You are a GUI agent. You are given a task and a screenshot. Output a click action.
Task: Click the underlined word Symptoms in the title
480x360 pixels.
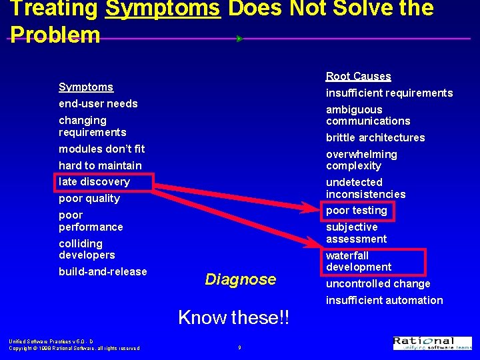(x=163, y=9)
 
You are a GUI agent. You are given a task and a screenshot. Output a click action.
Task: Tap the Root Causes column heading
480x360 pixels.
(x=358, y=76)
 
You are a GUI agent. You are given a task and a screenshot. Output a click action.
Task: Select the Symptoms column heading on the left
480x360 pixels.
(x=86, y=87)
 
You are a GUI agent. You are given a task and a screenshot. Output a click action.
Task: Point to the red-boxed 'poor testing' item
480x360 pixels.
(x=357, y=210)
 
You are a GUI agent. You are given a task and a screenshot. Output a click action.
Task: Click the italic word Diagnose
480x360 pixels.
(x=240, y=279)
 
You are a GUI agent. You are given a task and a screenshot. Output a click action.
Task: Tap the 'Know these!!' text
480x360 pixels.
(x=234, y=317)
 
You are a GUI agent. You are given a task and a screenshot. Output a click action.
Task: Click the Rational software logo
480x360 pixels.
(x=433, y=343)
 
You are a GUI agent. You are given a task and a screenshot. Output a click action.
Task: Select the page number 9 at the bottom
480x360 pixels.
(x=239, y=347)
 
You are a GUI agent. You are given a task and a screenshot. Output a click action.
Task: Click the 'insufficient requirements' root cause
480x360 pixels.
(x=389, y=93)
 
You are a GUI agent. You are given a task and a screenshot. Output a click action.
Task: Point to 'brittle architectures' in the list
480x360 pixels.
(x=375, y=137)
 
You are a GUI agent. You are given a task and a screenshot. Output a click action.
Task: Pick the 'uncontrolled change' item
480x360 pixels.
(x=378, y=283)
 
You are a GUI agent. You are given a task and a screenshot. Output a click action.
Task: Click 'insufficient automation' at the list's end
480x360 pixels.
(x=384, y=300)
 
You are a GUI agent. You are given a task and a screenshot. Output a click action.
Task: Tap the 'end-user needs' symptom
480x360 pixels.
(x=98, y=103)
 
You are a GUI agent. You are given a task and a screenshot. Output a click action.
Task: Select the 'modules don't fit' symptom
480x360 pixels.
(x=101, y=149)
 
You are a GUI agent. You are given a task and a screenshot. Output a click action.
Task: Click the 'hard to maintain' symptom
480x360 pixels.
(x=100, y=165)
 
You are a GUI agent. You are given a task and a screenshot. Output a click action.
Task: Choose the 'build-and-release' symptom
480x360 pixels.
(x=103, y=271)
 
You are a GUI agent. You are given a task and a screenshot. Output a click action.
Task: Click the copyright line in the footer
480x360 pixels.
(x=74, y=348)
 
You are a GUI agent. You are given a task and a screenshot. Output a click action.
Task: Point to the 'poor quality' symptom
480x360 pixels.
(x=89, y=198)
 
